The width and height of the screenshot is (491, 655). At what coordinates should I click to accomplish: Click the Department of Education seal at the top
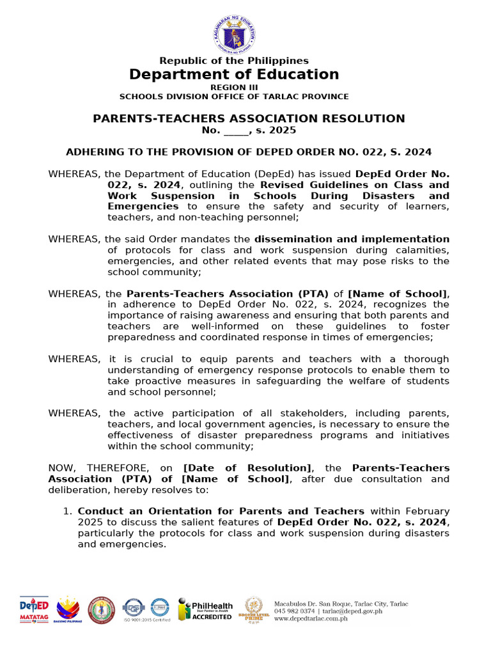pos(233,33)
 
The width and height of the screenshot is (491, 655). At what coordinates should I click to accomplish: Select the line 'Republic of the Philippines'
pos(234,61)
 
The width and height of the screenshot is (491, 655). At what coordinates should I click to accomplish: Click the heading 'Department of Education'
pos(234,74)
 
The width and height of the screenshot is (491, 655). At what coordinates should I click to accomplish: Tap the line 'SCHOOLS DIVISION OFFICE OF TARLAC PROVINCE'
pos(234,97)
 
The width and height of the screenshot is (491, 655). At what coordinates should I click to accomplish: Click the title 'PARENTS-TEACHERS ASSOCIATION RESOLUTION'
pos(249,118)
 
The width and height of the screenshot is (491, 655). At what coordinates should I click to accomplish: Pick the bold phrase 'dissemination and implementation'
pos(352,239)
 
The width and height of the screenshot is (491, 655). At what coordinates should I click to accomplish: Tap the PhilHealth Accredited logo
pos(205,609)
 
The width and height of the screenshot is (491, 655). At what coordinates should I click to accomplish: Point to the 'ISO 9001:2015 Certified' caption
pos(152,620)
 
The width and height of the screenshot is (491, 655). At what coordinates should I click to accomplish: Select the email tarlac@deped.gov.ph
pos(357,612)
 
